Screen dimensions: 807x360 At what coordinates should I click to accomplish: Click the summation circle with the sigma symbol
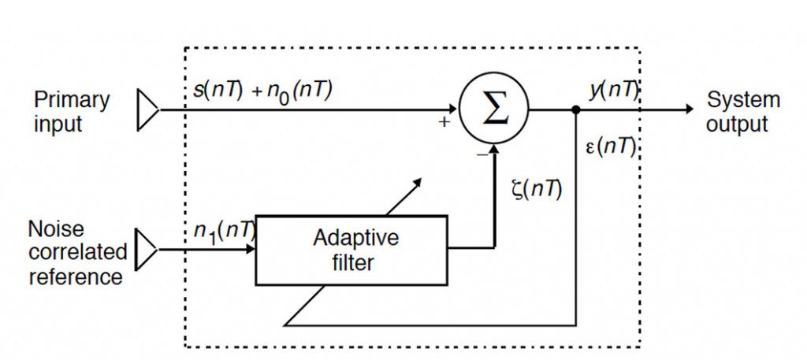(493, 108)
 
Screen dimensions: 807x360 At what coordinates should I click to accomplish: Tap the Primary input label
(72, 112)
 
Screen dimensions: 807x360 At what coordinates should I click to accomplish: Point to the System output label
(743, 112)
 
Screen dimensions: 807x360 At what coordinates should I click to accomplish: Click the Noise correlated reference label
(77, 253)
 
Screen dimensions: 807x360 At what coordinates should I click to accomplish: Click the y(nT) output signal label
(613, 91)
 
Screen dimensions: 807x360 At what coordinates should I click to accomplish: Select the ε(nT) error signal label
(611, 147)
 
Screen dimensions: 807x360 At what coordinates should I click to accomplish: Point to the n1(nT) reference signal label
(225, 232)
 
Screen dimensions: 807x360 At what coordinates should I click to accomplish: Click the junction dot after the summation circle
(576, 109)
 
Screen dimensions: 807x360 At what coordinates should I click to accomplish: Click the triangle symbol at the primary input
(147, 109)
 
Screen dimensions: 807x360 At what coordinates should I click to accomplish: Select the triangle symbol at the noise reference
(147, 250)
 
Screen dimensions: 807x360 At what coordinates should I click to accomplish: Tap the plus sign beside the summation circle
(444, 122)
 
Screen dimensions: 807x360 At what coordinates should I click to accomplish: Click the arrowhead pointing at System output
(690, 109)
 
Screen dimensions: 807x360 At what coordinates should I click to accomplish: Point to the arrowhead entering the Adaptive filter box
(251, 250)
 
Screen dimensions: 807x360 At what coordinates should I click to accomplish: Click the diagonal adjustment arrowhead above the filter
(418, 183)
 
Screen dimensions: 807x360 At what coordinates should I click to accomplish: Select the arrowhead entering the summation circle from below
(494, 148)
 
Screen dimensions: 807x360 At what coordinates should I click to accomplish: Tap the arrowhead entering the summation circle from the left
(453, 109)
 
